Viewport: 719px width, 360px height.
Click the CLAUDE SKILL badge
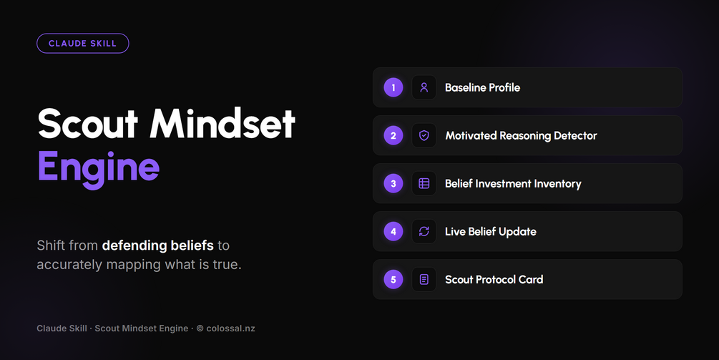[x=82, y=44]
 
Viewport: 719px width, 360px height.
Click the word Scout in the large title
[x=87, y=124]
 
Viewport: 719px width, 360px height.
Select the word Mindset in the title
[x=222, y=124]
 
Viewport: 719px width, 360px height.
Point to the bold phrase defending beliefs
[x=157, y=245]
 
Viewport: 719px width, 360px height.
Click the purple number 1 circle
[x=393, y=87]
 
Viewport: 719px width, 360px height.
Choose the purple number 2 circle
[x=393, y=135]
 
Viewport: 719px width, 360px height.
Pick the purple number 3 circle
[x=393, y=183]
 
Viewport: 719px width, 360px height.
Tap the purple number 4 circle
[x=393, y=231]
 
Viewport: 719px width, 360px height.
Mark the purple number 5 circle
[x=393, y=279]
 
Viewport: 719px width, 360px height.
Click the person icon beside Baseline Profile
[x=424, y=87]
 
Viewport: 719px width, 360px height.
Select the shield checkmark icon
[x=424, y=135]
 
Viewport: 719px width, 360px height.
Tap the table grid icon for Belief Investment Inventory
[x=424, y=183]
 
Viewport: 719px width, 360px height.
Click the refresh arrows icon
[x=424, y=231]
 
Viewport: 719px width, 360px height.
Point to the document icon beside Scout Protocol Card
[x=424, y=279]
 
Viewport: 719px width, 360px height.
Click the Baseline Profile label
[x=482, y=87]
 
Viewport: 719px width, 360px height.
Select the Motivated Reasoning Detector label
[x=521, y=136]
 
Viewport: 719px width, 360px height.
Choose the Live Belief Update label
[x=491, y=232]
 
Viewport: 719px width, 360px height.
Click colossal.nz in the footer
[x=230, y=329]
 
